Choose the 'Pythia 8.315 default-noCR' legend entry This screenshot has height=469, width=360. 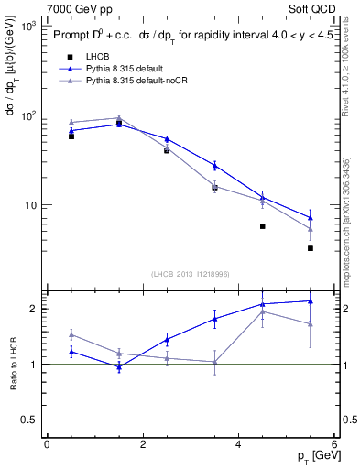tap(143, 81)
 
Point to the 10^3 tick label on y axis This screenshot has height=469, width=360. tap(27, 27)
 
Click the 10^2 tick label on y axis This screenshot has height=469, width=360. tap(27, 115)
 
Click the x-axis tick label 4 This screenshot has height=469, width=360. tap(238, 444)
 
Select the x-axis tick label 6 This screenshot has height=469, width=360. tap(334, 444)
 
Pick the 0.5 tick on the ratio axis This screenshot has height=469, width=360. tap(27, 420)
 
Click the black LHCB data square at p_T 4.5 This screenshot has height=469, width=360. tap(263, 226)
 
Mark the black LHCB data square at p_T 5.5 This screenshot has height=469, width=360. tap(311, 248)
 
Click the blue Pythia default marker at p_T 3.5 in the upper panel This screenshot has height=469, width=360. tap(214, 166)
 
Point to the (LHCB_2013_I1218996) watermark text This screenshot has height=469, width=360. tap(190, 274)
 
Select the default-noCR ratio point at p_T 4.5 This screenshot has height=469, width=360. tap(263, 311)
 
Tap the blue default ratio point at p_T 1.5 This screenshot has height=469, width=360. tap(119, 366)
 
